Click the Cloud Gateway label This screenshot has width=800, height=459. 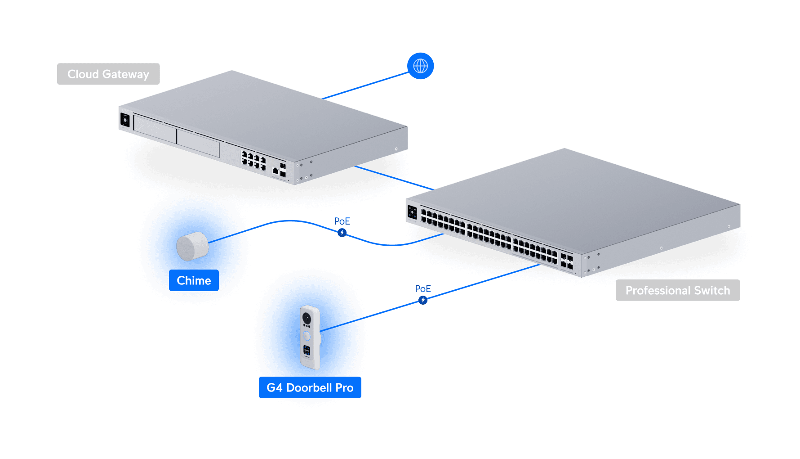pyautogui.click(x=108, y=74)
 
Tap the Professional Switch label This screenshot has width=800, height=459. pyautogui.click(x=677, y=290)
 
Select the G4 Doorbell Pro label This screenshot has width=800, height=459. pyautogui.click(x=310, y=387)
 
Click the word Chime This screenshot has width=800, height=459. pyautogui.click(x=194, y=280)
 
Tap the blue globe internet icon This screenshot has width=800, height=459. pyautogui.click(x=420, y=66)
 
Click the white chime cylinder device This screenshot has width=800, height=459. pyautogui.click(x=192, y=246)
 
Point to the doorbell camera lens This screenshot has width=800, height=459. pyautogui.click(x=307, y=319)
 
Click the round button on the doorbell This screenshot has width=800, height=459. pyautogui.click(x=307, y=336)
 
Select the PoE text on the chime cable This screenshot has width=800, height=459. pyautogui.click(x=342, y=221)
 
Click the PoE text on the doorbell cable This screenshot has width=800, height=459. pyautogui.click(x=423, y=289)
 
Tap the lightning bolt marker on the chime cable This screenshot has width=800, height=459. pyautogui.click(x=342, y=233)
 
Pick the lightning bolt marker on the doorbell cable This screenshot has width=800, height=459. pyautogui.click(x=423, y=300)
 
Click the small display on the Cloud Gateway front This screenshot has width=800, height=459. pyautogui.click(x=125, y=120)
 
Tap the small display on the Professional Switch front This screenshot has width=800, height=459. pyautogui.click(x=412, y=212)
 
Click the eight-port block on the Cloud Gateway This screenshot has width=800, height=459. pyautogui.click(x=254, y=161)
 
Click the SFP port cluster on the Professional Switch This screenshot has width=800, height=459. pyautogui.click(x=567, y=261)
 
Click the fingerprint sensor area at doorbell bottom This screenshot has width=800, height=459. pyautogui.click(x=307, y=350)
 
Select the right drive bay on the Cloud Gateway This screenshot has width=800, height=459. pyautogui.click(x=198, y=143)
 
